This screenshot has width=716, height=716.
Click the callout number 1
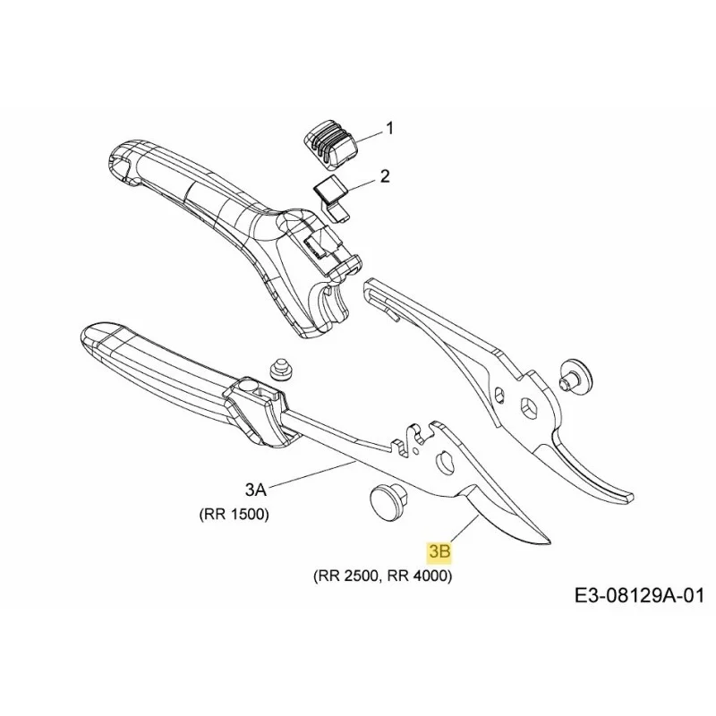click(389, 129)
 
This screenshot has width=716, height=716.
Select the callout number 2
click(386, 176)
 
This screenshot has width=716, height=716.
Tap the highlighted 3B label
click(439, 552)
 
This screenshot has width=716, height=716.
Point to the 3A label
click(255, 490)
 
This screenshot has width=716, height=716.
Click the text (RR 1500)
click(234, 515)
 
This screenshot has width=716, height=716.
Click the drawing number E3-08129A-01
click(639, 595)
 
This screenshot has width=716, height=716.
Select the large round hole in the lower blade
click(447, 462)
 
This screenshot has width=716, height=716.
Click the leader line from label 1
click(369, 134)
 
